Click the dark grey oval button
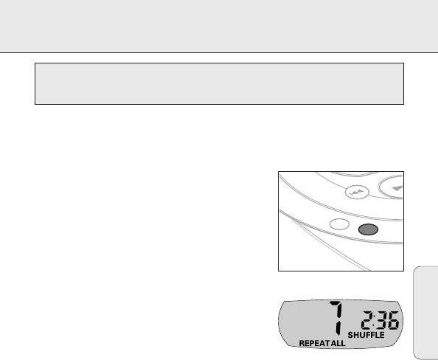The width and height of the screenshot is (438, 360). pyautogui.click(x=368, y=229)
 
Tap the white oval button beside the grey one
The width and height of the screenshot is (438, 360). pyautogui.click(x=339, y=224)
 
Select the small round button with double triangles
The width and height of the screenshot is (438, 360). pyautogui.click(x=357, y=192)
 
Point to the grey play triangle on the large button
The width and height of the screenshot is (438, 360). pyautogui.click(x=397, y=188)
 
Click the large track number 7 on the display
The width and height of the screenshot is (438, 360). pyautogui.click(x=336, y=318)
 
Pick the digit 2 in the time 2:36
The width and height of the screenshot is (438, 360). pyautogui.click(x=367, y=320)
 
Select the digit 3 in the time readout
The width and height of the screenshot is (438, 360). pyautogui.click(x=380, y=320)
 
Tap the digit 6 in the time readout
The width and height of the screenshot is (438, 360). pyautogui.click(x=393, y=320)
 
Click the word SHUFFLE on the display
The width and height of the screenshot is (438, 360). pyautogui.click(x=366, y=335)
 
